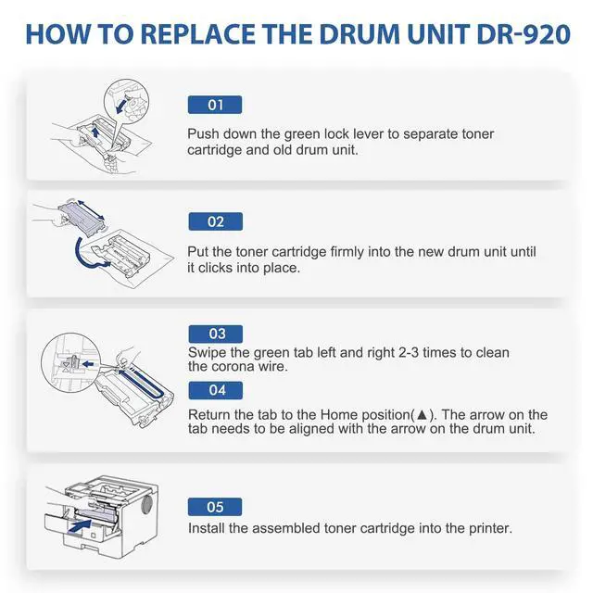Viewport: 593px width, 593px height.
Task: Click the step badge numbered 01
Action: pos(215,105)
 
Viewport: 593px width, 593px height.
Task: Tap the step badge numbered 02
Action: pos(216,221)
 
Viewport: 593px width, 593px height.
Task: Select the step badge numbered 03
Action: pos(216,334)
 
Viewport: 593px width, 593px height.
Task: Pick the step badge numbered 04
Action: pos(216,390)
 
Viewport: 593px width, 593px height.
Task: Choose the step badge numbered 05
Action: pos(215,507)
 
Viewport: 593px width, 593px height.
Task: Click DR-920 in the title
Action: pos(524,34)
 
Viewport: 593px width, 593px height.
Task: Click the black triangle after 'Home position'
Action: pos(422,415)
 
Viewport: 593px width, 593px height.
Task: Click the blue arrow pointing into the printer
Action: pos(81,526)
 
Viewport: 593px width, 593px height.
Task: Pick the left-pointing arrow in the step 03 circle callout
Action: pos(88,364)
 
